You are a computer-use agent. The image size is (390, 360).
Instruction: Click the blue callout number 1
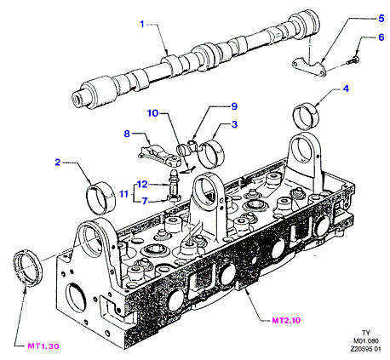[142, 24]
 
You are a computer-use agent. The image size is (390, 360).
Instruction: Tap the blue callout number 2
[58, 163]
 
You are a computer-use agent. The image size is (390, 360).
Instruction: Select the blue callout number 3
[234, 124]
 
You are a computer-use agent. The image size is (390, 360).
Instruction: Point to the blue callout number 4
[346, 89]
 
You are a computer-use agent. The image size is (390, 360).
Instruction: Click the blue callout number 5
[381, 19]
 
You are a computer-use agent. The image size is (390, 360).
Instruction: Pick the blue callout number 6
[381, 37]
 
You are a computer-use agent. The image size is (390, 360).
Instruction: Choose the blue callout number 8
[127, 134]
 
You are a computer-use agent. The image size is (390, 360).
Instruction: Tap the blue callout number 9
[234, 106]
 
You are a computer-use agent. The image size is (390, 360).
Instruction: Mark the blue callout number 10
[152, 113]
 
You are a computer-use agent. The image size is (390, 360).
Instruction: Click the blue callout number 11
[123, 194]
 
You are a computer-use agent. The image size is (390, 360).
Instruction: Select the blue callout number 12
[142, 185]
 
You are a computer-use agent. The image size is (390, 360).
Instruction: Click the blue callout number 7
[145, 201]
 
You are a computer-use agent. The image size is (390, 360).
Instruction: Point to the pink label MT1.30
[43, 346]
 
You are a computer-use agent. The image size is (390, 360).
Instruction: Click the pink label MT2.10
[286, 320]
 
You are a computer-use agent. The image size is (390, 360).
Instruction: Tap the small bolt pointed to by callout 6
[353, 60]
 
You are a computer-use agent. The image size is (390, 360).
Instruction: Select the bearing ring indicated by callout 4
[306, 117]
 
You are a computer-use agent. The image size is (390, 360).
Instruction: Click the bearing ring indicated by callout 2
[100, 198]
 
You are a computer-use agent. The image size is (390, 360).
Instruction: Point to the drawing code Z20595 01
[365, 349]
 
